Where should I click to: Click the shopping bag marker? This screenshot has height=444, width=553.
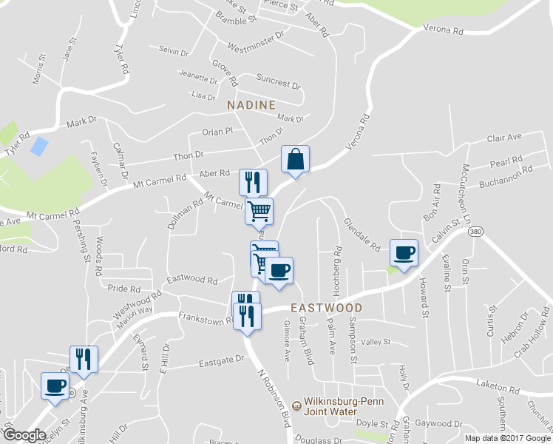295,159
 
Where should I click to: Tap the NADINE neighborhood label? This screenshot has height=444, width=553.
251,105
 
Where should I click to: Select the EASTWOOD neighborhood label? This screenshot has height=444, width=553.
326,307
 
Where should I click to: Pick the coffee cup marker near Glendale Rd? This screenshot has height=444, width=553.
404,253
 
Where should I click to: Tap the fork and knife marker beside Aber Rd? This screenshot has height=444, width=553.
253,182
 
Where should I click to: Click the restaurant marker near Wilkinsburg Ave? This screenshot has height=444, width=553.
84,360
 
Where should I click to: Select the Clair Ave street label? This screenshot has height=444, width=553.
504,138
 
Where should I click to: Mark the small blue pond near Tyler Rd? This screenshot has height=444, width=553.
39,145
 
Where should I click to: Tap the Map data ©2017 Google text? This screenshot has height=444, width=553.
507,438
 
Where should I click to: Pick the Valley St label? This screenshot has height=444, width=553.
375,342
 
